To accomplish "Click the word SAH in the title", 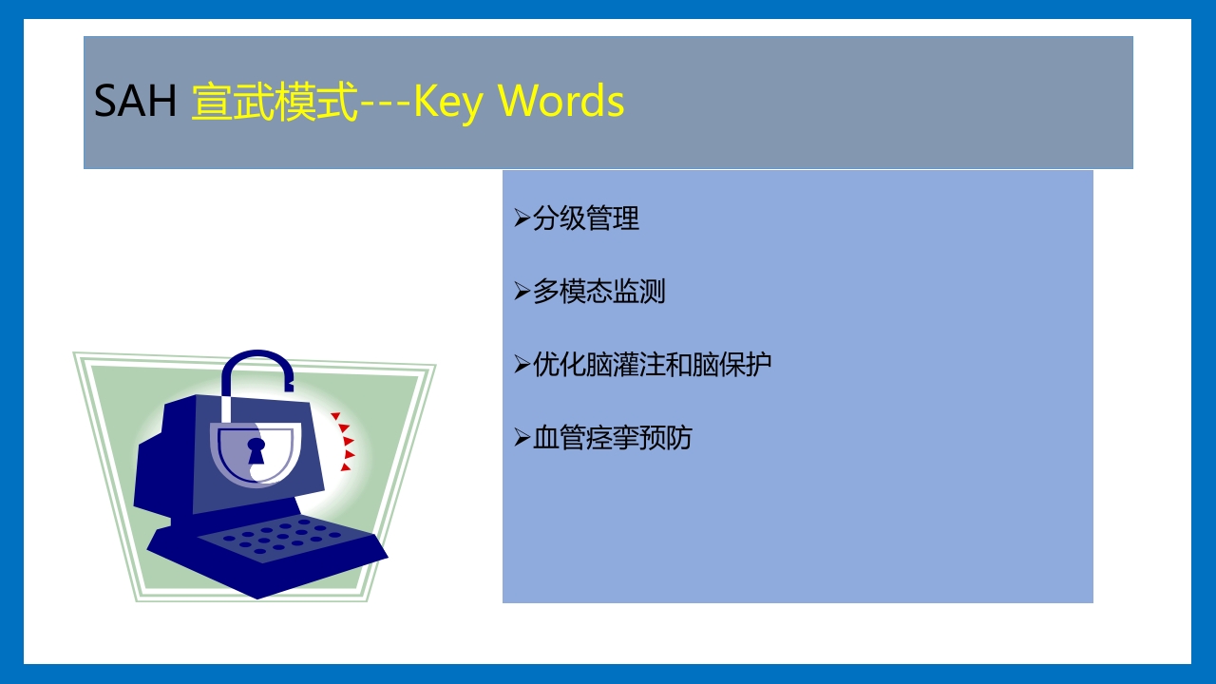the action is click(135, 101).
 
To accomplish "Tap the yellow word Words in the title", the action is click(561, 101).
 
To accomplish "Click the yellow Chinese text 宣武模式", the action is click(275, 101).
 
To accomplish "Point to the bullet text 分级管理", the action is click(586, 218).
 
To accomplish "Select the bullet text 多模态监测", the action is click(599, 292).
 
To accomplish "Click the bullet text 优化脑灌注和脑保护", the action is click(653, 364).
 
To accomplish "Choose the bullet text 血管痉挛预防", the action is click(613, 438).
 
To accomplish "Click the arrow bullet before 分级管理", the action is click(522, 218).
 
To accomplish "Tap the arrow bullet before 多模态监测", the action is click(522, 292).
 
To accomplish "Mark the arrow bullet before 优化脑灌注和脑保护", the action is click(522, 364).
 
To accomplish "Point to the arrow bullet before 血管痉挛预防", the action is click(522, 438).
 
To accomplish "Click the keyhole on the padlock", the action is click(256, 450).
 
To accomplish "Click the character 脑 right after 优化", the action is click(599, 364).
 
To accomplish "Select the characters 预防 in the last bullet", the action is click(666, 438).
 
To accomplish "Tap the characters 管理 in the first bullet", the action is click(613, 218).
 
